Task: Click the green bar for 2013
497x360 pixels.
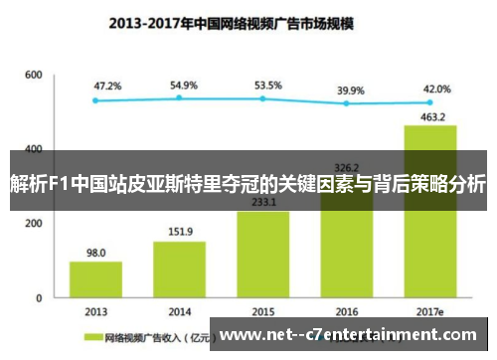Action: (x=95, y=278)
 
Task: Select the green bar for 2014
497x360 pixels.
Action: (x=179, y=269)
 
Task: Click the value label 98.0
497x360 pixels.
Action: (x=95, y=253)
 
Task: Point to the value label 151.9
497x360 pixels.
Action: (x=179, y=233)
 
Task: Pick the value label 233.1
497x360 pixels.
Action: (x=263, y=202)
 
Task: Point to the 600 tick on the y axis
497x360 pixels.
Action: (x=34, y=76)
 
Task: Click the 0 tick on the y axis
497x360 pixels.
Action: (x=39, y=297)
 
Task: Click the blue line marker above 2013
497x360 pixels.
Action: (x=95, y=100)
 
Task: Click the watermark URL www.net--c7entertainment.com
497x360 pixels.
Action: (x=352, y=335)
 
